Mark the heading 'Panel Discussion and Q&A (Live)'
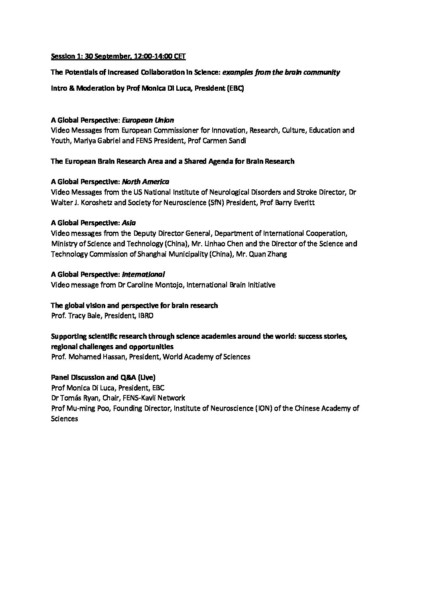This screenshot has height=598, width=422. point(103,377)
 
